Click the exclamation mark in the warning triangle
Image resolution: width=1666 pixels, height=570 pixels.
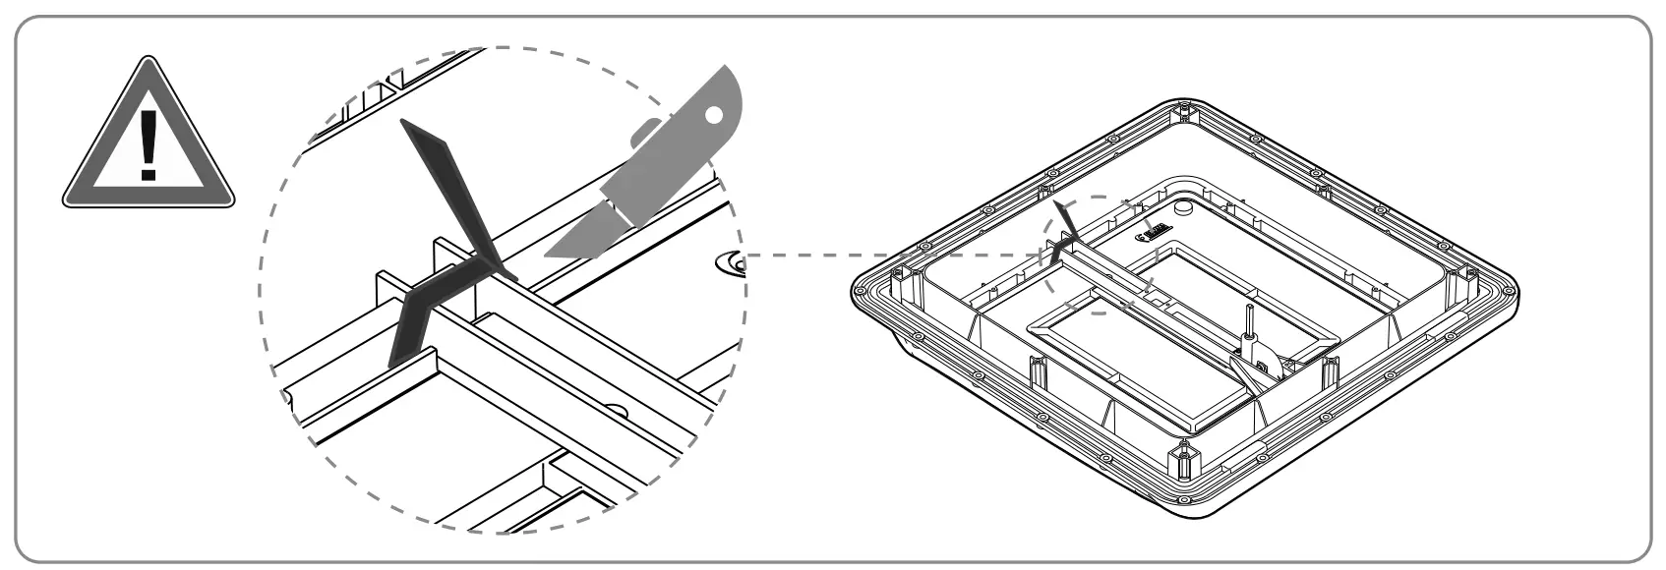148,144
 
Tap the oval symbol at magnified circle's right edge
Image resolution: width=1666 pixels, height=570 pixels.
732,262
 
